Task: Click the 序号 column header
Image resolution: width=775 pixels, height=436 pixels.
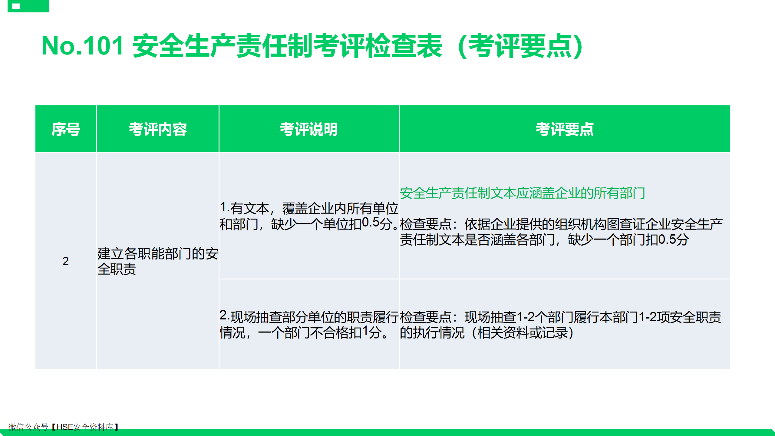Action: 66,129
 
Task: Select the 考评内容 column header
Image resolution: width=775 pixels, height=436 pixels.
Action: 158,129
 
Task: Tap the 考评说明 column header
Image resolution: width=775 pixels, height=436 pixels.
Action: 309,129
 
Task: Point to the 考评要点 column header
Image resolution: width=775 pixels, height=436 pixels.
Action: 565,129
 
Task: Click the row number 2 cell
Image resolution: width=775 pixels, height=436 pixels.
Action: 66,261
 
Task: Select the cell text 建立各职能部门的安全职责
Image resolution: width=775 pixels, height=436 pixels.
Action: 158,261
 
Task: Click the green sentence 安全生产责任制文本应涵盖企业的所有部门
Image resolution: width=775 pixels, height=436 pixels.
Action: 523,193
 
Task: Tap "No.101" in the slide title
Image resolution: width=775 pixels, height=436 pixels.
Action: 83,46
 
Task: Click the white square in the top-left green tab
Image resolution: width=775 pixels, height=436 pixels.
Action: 16,6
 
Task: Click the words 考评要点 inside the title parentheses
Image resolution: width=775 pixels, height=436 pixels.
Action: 520,46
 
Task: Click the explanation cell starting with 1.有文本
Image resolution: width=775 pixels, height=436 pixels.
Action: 309,216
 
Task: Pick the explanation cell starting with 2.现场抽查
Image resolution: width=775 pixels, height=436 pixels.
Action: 309,325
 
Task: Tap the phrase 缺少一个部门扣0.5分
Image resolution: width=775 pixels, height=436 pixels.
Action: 628,240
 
